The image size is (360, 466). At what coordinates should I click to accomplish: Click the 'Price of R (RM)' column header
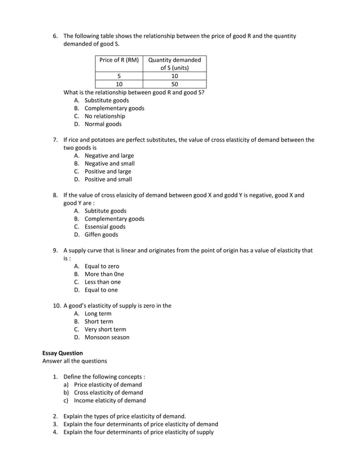click(x=118, y=60)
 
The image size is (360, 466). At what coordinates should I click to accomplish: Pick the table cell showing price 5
click(x=118, y=76)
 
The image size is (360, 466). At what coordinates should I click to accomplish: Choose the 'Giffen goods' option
click(x=101, y=235)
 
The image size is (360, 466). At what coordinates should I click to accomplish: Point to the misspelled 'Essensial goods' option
click(x=104, y=227)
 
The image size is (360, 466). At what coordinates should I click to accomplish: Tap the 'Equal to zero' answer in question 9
click(x=102, y=266)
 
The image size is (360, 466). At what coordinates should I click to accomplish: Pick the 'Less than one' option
click(x=102, y=282)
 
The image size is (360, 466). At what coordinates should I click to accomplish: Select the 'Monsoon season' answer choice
click(x=107, y=337)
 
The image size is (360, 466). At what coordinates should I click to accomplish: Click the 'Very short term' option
click(x=105, y=329)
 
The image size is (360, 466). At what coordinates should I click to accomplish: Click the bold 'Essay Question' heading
click(x=63, y=353)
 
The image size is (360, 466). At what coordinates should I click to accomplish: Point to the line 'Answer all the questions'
click(x=74, y=361)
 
